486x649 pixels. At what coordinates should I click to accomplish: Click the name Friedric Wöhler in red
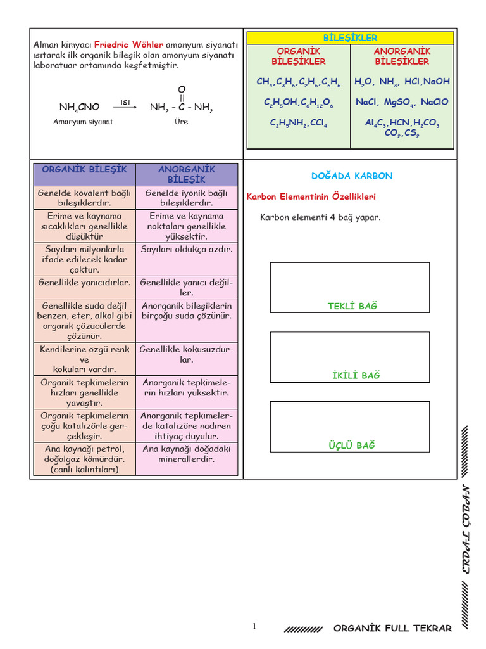(129, 45)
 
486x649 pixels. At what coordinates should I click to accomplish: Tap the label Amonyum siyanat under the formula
(83, 122)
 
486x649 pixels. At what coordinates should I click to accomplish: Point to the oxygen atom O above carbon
(182, 89)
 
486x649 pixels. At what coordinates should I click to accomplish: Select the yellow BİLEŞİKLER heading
(350, 38)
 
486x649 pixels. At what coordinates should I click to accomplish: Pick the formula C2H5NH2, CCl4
(299, 124)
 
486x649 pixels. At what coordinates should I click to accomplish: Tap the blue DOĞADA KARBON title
(352, 176)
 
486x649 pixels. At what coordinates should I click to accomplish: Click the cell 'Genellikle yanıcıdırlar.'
(84, 282)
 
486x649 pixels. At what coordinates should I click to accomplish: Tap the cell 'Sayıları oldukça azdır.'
(187, 249)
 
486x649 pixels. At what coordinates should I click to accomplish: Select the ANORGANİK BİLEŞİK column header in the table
(187, 174)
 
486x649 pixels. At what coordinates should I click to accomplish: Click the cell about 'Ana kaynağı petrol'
(84, 459)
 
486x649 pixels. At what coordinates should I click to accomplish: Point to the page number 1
(254, 626)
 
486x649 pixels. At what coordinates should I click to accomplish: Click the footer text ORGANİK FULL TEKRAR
(392, 628)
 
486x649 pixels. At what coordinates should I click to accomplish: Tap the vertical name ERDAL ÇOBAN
(465, 530)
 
